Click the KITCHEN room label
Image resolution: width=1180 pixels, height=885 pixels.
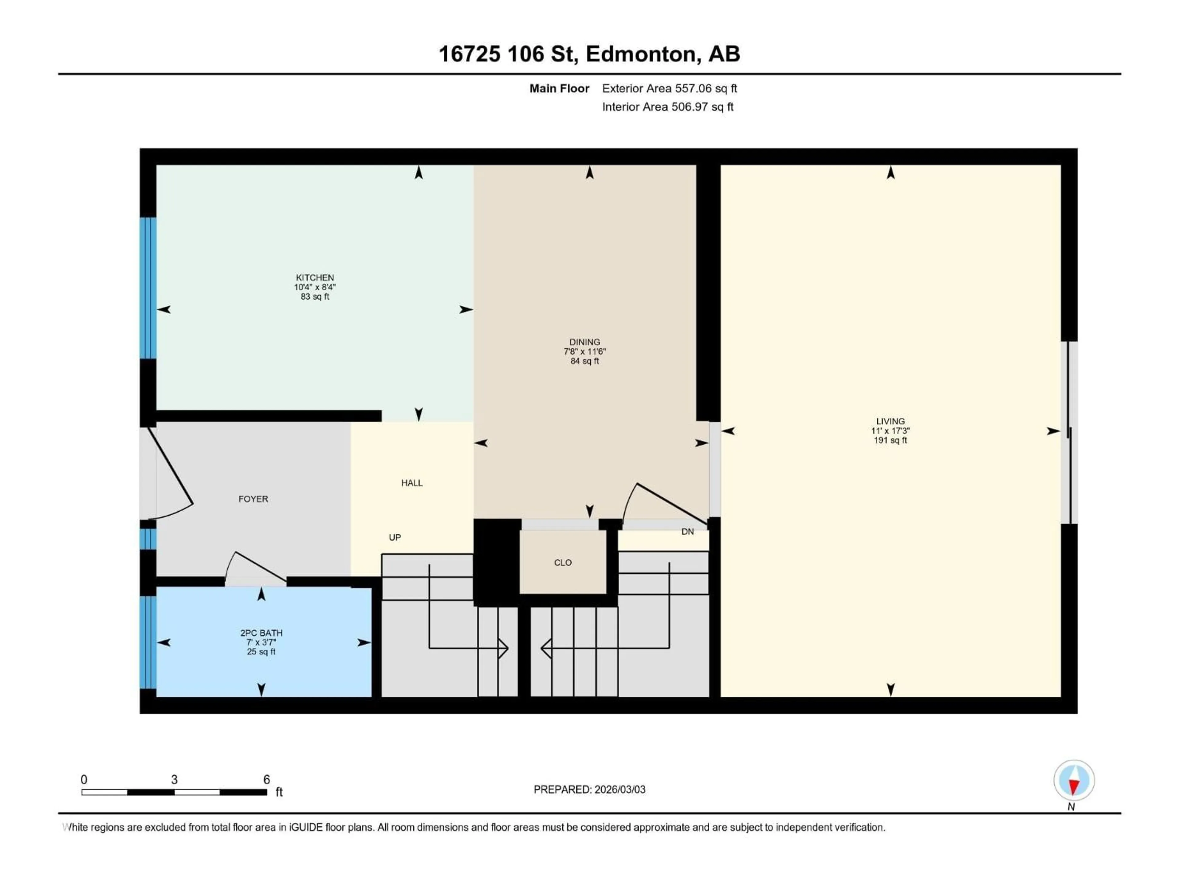315,277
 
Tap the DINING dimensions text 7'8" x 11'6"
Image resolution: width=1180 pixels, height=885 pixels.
585,352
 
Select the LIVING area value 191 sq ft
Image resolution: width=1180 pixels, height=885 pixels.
890,440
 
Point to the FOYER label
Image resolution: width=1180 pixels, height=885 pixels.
253,499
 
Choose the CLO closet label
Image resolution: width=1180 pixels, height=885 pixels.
563,562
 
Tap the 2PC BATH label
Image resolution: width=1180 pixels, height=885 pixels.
261,633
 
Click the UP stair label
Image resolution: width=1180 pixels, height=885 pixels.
395,537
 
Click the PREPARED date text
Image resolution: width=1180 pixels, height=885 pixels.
589,789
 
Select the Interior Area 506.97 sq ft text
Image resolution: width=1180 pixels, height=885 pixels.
667,107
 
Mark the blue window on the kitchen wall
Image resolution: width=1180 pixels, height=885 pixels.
148,288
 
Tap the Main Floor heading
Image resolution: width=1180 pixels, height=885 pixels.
559,88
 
